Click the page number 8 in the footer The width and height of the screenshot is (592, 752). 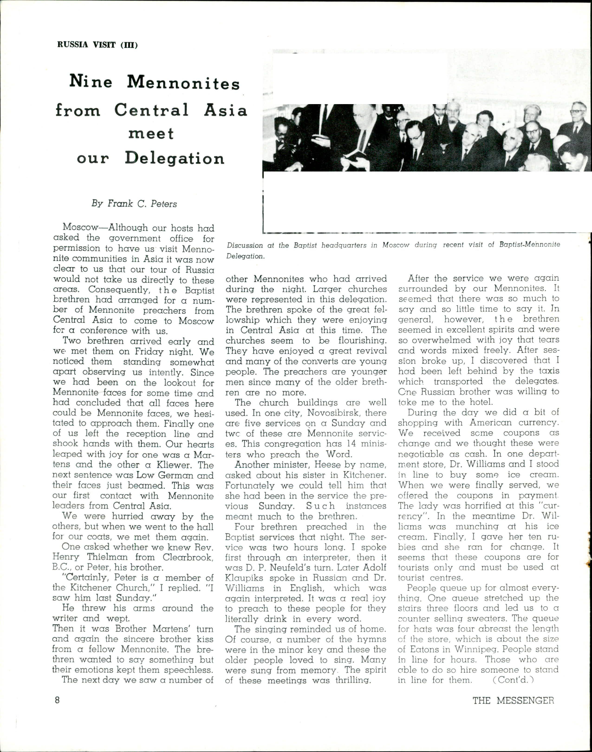pyautogui.click(x=57, y=700)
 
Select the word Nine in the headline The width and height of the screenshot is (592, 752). pyautogui.click(x=91, y=82)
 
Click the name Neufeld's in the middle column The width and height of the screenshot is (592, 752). pyautogui.click(x=296, y=568)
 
